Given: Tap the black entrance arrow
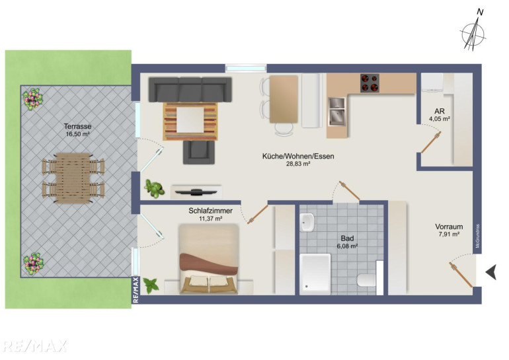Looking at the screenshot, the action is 490,271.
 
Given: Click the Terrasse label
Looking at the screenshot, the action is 77,126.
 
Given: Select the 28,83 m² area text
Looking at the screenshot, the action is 298,164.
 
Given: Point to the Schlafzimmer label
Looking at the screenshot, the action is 210,211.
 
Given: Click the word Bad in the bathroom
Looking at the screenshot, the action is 347,238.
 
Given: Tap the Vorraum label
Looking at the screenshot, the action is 449,227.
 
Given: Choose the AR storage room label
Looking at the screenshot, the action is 440,112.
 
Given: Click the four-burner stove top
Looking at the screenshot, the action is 370,83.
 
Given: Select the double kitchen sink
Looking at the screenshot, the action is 337,111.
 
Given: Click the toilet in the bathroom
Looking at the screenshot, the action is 367,280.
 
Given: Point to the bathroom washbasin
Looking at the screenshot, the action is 307,222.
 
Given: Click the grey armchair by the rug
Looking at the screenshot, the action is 199,152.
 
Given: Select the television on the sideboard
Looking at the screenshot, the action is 196,192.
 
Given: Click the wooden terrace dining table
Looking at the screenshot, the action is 73,178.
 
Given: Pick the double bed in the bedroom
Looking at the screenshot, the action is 209,260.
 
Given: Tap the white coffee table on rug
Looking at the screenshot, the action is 190,120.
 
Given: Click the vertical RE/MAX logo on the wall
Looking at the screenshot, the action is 136,290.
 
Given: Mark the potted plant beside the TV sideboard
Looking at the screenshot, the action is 154,189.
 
